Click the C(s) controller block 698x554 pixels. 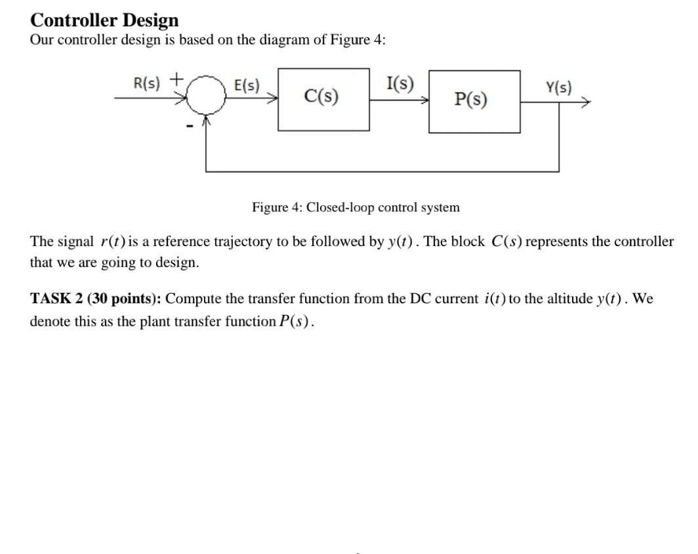point(322,98)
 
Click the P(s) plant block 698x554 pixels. point(474,101)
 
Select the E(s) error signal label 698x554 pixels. point(247,85)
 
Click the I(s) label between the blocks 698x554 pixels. point(400,84)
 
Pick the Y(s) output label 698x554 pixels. point(558,87)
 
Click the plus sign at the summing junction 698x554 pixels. point(176,79)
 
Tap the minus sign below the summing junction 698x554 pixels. point(190,125)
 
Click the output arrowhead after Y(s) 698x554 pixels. point(586,102)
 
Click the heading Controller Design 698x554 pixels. point(104,20)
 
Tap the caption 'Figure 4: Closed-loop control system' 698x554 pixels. point(356,207)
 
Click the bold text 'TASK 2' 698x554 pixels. point(56,299)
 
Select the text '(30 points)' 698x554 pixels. point(125,299)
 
